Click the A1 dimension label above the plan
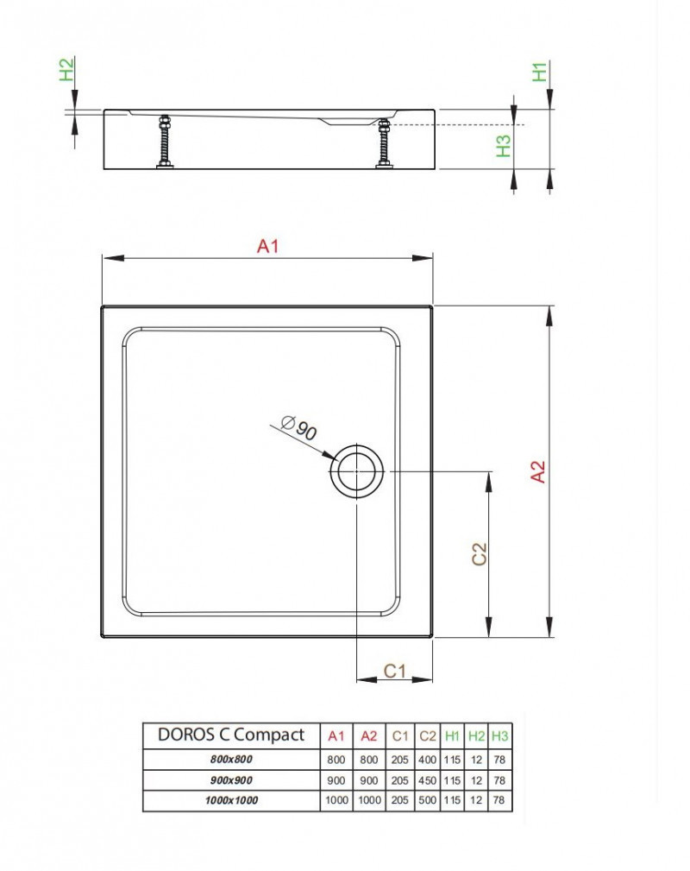click(268, 246)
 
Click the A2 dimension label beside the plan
click(537, 471)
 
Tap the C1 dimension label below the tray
click(394, 670)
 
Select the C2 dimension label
click(479, 553)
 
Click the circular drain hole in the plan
click(357, 471)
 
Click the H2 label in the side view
click(66, 69)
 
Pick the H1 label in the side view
click(540, 72)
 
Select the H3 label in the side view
click(505, 145)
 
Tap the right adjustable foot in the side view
click(384, 142)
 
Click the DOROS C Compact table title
click(230, 735)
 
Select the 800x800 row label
click(230, 760)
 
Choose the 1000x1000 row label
click(230, 800)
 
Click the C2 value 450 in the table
click(427, 779)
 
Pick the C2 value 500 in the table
click(427, 800)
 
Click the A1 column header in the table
click(336, 736)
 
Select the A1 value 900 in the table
click(336, 779)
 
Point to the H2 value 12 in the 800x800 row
click(476, 760)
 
